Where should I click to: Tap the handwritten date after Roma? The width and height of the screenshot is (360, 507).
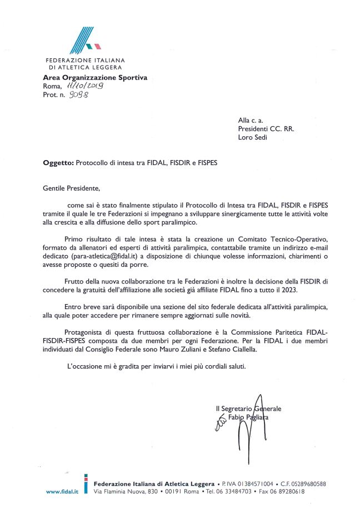click(84, 86)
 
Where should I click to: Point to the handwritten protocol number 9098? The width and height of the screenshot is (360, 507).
click(77, 95)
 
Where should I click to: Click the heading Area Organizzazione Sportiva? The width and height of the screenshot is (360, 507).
click(95, 78)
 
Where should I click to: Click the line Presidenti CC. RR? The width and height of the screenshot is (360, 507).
click(266, 128)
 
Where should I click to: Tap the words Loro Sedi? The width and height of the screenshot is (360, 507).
click(253, 137)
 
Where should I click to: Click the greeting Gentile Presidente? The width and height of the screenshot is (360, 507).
click(72, 188)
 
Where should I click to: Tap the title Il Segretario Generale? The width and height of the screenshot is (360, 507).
click(248, 409)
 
